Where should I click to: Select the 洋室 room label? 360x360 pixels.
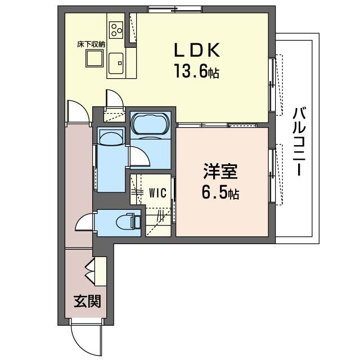(x=219, y=170)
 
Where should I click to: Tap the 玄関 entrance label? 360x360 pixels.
(x=88, y=301)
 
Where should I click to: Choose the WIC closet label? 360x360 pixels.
(x=157, y=193)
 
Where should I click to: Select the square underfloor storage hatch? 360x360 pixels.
(x=93, y=58)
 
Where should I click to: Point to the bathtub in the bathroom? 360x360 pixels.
(x=149, y=123)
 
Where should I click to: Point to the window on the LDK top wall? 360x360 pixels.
(x=174, y=9)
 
